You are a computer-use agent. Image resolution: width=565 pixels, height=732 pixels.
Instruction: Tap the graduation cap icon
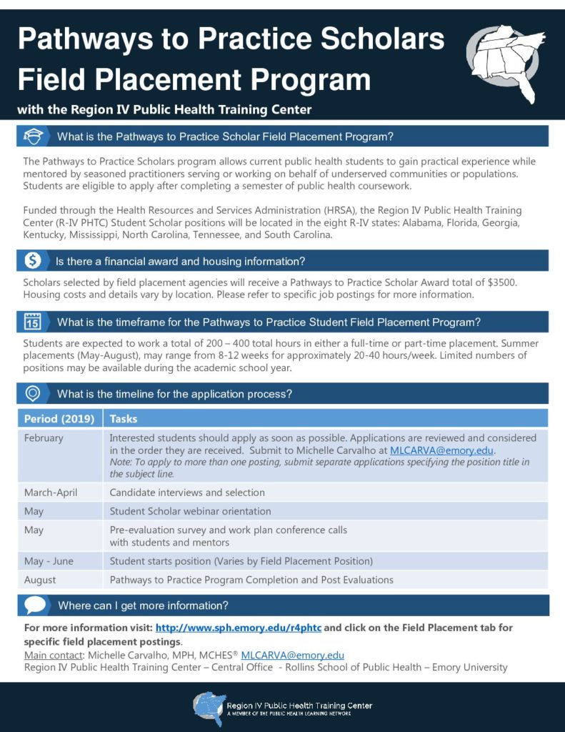pos(33,137)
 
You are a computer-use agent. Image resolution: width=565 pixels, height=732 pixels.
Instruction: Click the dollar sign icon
pos(33,260)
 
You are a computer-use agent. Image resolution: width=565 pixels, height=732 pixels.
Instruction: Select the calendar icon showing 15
pos(33,321)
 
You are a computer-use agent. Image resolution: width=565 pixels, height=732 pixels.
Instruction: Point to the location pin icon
pos(33,393)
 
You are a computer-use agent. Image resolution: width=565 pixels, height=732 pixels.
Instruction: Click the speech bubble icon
pos(34,605)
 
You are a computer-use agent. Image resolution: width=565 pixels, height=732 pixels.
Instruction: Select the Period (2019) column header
pos(59,418)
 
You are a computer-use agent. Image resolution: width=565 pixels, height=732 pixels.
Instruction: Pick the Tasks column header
pos(124,418)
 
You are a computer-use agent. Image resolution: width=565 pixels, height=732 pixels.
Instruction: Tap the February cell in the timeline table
pos(44,438)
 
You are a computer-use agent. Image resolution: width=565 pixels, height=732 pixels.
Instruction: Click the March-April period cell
pos(51,493)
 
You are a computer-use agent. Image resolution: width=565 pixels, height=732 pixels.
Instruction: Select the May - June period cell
pos(49,561)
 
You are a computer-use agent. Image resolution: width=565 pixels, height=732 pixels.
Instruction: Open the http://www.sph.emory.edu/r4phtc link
pos(238,627)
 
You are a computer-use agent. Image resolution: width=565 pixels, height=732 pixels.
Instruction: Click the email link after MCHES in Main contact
pos(293,655)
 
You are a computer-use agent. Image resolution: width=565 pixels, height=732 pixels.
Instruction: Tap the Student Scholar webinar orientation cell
pos(190,511)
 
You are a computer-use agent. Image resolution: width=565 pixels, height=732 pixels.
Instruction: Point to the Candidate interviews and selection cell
pos(187,493)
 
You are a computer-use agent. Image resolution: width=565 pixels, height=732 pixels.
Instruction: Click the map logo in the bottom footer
pos(209,708)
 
